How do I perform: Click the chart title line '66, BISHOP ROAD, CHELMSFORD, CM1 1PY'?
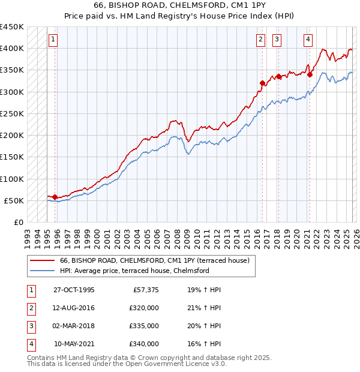pyautogui.click(x=179, y=5)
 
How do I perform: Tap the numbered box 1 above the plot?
pyautogui.click(x=53, y=40)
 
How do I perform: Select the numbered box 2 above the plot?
pyautogui.click(x=261, y=40)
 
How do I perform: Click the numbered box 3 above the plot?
pyautogui.click(x=277, y=40)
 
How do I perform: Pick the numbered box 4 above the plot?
pyautogui.click(x=308, y=40)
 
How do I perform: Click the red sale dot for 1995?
pyautogui.click(x=55, y=197)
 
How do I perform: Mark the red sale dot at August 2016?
pyautogui.click(x=262, y=83)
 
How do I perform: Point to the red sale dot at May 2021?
pyautogui.click(x=310, y=74)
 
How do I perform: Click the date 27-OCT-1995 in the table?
pyautogui.click(x=74, y=290)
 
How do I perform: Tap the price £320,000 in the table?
pyautogui.click(x=144, y=308)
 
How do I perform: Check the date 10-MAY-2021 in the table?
pyautogui.click(x=74, y=344)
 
